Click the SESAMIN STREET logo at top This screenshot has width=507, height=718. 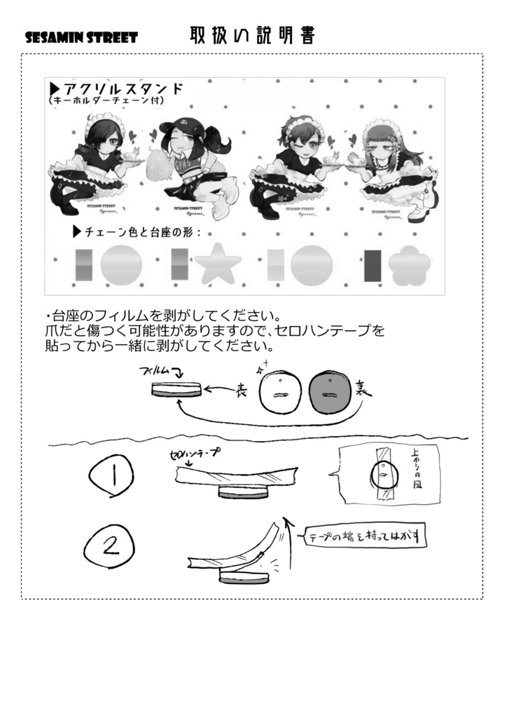tap(81, 37)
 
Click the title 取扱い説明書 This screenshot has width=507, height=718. tap(251, 35)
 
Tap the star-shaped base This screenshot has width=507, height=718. tap(218, 266)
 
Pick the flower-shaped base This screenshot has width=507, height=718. tap(408, 267)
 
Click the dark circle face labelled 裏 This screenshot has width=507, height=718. tap(326, 393)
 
